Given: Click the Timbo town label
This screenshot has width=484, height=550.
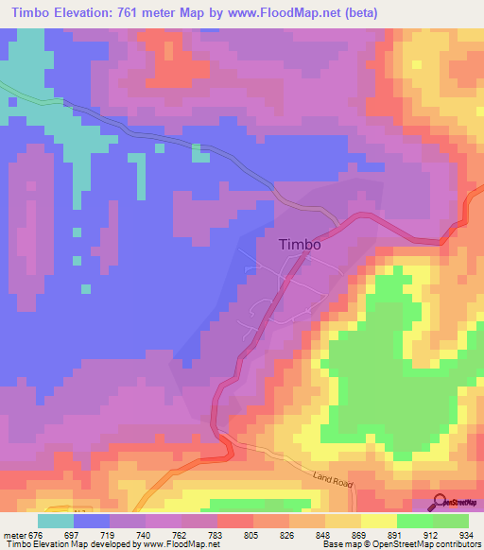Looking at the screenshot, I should pyautogui.click(x=300, y=244).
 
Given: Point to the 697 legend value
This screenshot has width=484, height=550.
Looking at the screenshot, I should pyautogui.click(x=82, y=534).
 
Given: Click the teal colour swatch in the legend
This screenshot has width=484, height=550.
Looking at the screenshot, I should pyautogui.click(x=56, y=521).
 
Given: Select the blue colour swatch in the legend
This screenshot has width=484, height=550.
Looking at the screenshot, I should pyautogui.click(x=92, y=521).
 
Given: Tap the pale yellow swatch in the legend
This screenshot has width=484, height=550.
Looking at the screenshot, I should pyautogui.click(x=379, y=521).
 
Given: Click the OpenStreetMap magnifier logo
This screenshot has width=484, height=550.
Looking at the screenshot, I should pyautogui.click(x=440, y=501).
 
